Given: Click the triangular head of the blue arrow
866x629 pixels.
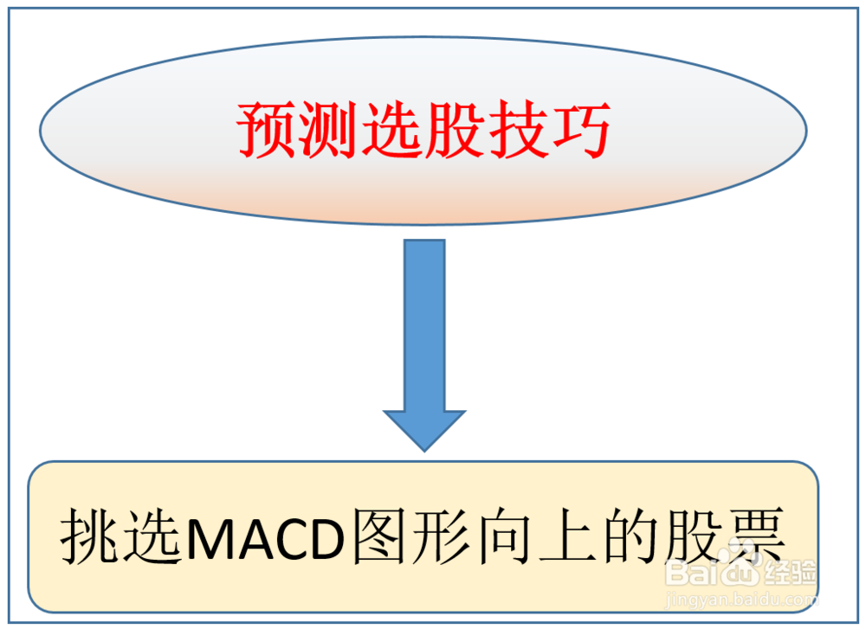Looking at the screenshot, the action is tap(424, 428).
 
